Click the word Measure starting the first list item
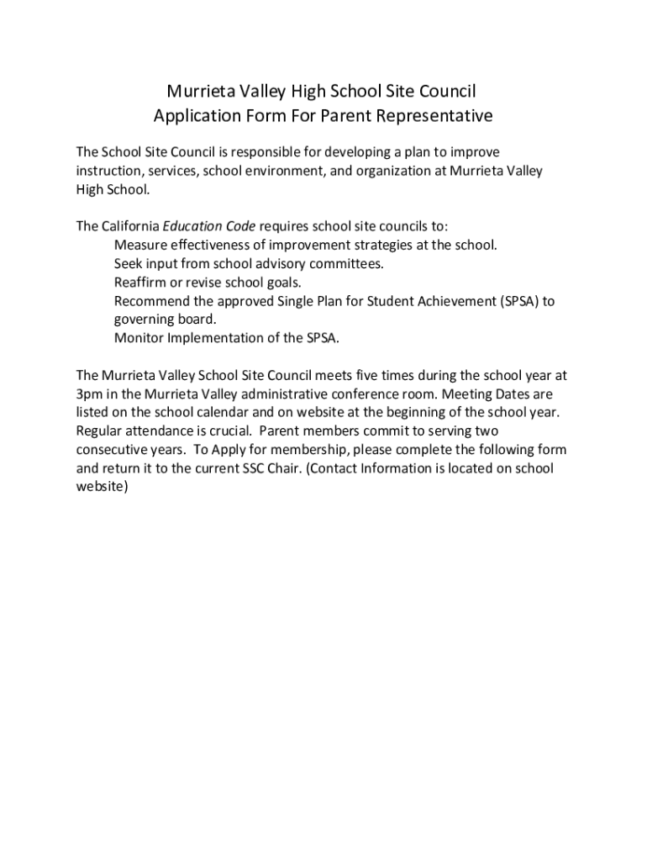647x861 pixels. tap(139, 245)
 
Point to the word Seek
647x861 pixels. tap(128, 263)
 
